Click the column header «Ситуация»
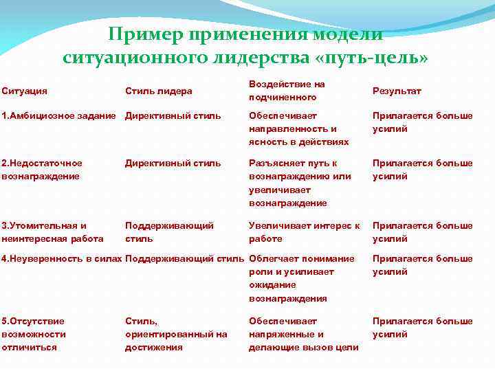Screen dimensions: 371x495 [25, 91]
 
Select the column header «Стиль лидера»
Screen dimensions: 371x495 [159, 91]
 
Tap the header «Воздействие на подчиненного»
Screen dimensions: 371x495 [287, 91]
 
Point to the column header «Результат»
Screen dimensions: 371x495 [397, 91]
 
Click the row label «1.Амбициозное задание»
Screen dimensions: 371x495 [59, 115]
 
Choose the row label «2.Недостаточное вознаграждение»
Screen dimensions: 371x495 [42, 170]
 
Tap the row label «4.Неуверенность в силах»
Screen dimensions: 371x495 [62, 259]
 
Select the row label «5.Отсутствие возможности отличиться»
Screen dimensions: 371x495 [34, 334]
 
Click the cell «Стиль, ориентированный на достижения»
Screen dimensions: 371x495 [176, 334]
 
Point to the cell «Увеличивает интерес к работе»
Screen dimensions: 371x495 [304, 232]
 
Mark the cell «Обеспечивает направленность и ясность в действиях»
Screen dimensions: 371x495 [295, 128]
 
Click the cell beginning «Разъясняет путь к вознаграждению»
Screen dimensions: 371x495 [300, 183]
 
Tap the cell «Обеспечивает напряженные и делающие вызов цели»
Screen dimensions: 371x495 [303, 334]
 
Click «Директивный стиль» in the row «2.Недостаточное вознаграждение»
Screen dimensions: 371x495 [173, 164]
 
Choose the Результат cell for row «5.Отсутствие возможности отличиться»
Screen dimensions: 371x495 [422, 328]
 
